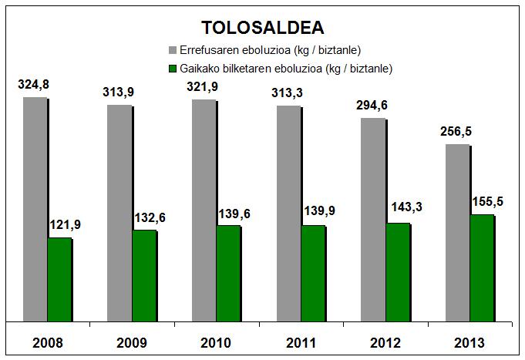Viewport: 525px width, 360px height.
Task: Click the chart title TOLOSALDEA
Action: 262,28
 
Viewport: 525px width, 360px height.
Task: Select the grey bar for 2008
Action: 35,208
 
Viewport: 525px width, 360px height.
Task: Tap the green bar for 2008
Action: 59,279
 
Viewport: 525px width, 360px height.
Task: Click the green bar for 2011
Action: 312,273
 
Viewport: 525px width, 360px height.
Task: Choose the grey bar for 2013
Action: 457,232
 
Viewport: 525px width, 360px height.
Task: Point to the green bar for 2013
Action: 482,267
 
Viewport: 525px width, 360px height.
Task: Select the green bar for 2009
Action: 143,275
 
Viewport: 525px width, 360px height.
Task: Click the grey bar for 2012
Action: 373,219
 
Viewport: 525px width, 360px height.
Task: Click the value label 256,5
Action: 456,132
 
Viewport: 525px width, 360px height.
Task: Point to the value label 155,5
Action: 482,201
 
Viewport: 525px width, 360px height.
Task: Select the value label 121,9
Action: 65,224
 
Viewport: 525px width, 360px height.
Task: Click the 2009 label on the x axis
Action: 133,342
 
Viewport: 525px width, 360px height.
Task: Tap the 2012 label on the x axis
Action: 385,342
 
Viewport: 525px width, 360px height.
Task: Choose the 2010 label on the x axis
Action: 217,342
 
